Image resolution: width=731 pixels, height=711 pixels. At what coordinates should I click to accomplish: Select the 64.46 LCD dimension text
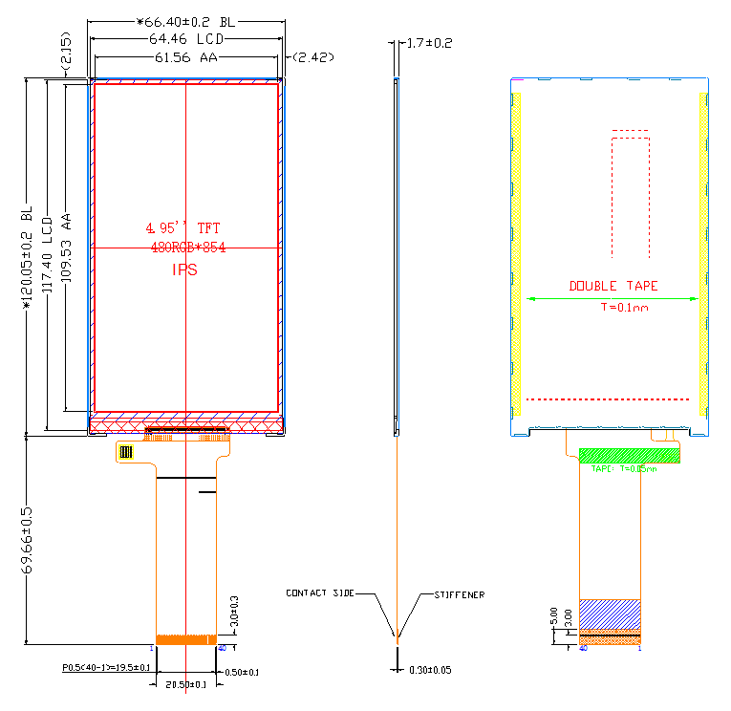pos(185,39)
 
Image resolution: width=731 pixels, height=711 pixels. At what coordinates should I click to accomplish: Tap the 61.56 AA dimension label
pos(185,57)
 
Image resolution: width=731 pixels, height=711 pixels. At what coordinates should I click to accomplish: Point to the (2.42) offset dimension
pos(312,57)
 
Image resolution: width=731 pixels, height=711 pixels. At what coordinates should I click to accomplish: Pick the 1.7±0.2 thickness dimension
pos(429,43)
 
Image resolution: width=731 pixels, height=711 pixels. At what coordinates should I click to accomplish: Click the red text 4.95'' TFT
pos(183,228)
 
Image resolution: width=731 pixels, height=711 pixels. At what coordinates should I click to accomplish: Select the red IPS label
pos(184,269)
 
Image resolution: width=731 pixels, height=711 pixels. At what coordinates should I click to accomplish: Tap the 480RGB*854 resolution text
pos(187,248)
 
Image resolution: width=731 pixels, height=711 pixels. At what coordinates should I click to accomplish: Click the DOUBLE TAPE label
pos(613,286)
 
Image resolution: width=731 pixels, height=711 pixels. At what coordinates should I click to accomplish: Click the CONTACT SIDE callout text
pos(319,593)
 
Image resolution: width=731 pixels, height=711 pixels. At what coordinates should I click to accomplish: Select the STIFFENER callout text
pos(460,594)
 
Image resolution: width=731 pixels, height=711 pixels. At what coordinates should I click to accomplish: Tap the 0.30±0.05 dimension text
pos(430,670)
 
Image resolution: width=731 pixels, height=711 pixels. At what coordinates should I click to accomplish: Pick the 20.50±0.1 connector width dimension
pos(185,685)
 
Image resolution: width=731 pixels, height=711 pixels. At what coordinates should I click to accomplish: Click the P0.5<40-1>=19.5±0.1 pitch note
pos(106,667)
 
